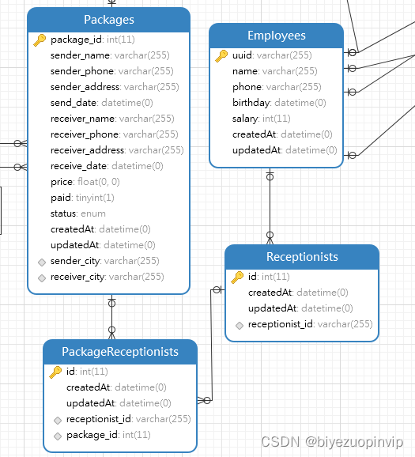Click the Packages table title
click(x=108, y=20)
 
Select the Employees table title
click(x=276, y=36)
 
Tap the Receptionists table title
click(x=302, y=257)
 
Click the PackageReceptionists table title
click(x=120, y=352)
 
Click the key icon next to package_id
click(x=40, y=40)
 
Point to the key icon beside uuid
click(x=221, y=55)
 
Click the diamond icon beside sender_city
click(x=41, y=261)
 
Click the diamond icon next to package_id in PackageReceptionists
click(x=57, y=436)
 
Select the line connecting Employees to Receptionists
click(x=270, y=206)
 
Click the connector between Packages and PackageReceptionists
click(x=111, y=316)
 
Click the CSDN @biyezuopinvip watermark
click(x=332, y=442)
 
